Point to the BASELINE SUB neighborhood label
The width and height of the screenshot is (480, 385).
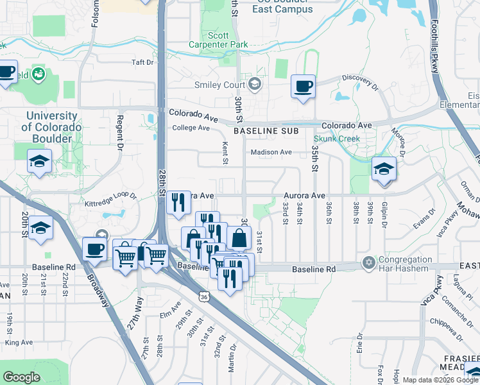pos(266,131)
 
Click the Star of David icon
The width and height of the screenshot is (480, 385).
pos(368,262)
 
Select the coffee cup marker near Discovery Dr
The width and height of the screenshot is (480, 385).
pos(303,86)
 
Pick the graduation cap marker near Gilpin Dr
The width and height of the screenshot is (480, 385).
pos(384,169)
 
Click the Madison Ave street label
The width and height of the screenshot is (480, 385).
pos(271,152)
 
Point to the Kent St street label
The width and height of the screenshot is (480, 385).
pos(225,153)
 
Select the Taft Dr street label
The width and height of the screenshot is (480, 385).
pos(142,62)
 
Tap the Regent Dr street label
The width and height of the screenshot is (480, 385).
pos(119,132)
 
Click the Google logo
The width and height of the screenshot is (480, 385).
pos(21,377)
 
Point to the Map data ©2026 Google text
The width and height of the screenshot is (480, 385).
pos(440,380)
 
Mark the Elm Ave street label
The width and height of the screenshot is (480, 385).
pos(171,314)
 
